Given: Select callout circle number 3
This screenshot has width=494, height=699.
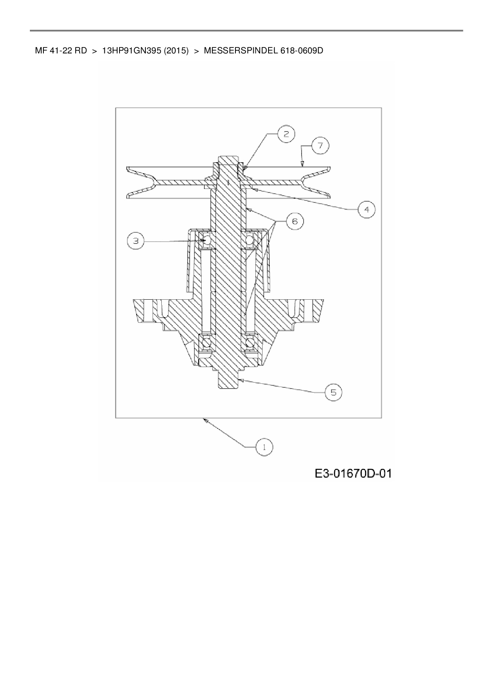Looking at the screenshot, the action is pyautogui.click(x=136, y=241).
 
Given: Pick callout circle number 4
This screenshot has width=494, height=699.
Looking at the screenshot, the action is pyautogui.click(x=367, y=209).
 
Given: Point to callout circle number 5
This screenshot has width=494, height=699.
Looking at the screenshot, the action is pyautogui.click(x=333, y=393).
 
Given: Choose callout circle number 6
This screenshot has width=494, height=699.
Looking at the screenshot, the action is pyautogui.click(x=294, y=220).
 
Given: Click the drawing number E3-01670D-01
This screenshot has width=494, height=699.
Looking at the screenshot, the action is pyautogui.click(x=353, y=473).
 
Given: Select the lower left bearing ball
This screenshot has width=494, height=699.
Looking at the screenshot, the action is pyautogui.click(x=206, y=342).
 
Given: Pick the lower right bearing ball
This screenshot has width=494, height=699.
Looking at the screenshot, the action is pyautogui.click(x=250, y=342).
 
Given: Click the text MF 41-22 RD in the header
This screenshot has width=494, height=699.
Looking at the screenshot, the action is pyautogui.click(x=61, y=51).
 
